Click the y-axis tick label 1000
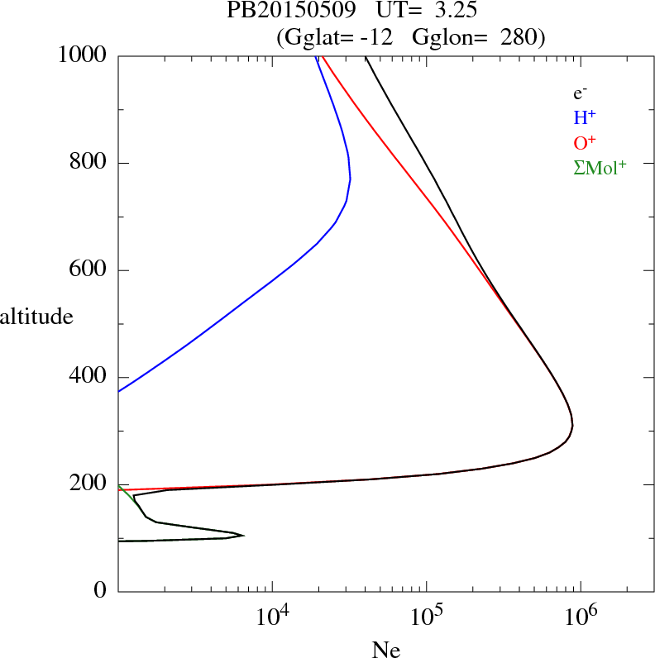click(x=83, y=55)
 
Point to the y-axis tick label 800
click(x=89, y=163)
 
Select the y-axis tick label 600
click(x=89, y=270)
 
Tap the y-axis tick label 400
click(x=89, y=377)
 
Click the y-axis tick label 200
click(x=89, y=484)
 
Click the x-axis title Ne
click(x=385, y=649)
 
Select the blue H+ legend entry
click(x=586, y=118)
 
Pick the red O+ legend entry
click(x=586, y=143)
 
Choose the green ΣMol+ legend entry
click(x=600, y=168)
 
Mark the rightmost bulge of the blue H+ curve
click(x=351, y=179)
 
